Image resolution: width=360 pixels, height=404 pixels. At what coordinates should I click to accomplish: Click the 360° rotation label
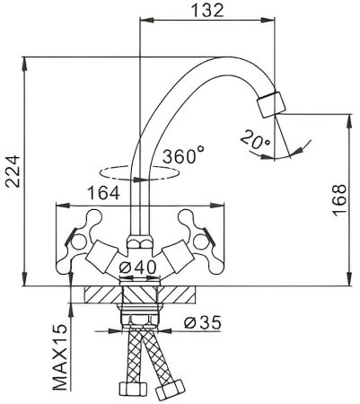[x=183, y=155]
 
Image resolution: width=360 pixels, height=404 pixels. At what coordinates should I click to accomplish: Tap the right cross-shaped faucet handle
[x=193, y=224]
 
